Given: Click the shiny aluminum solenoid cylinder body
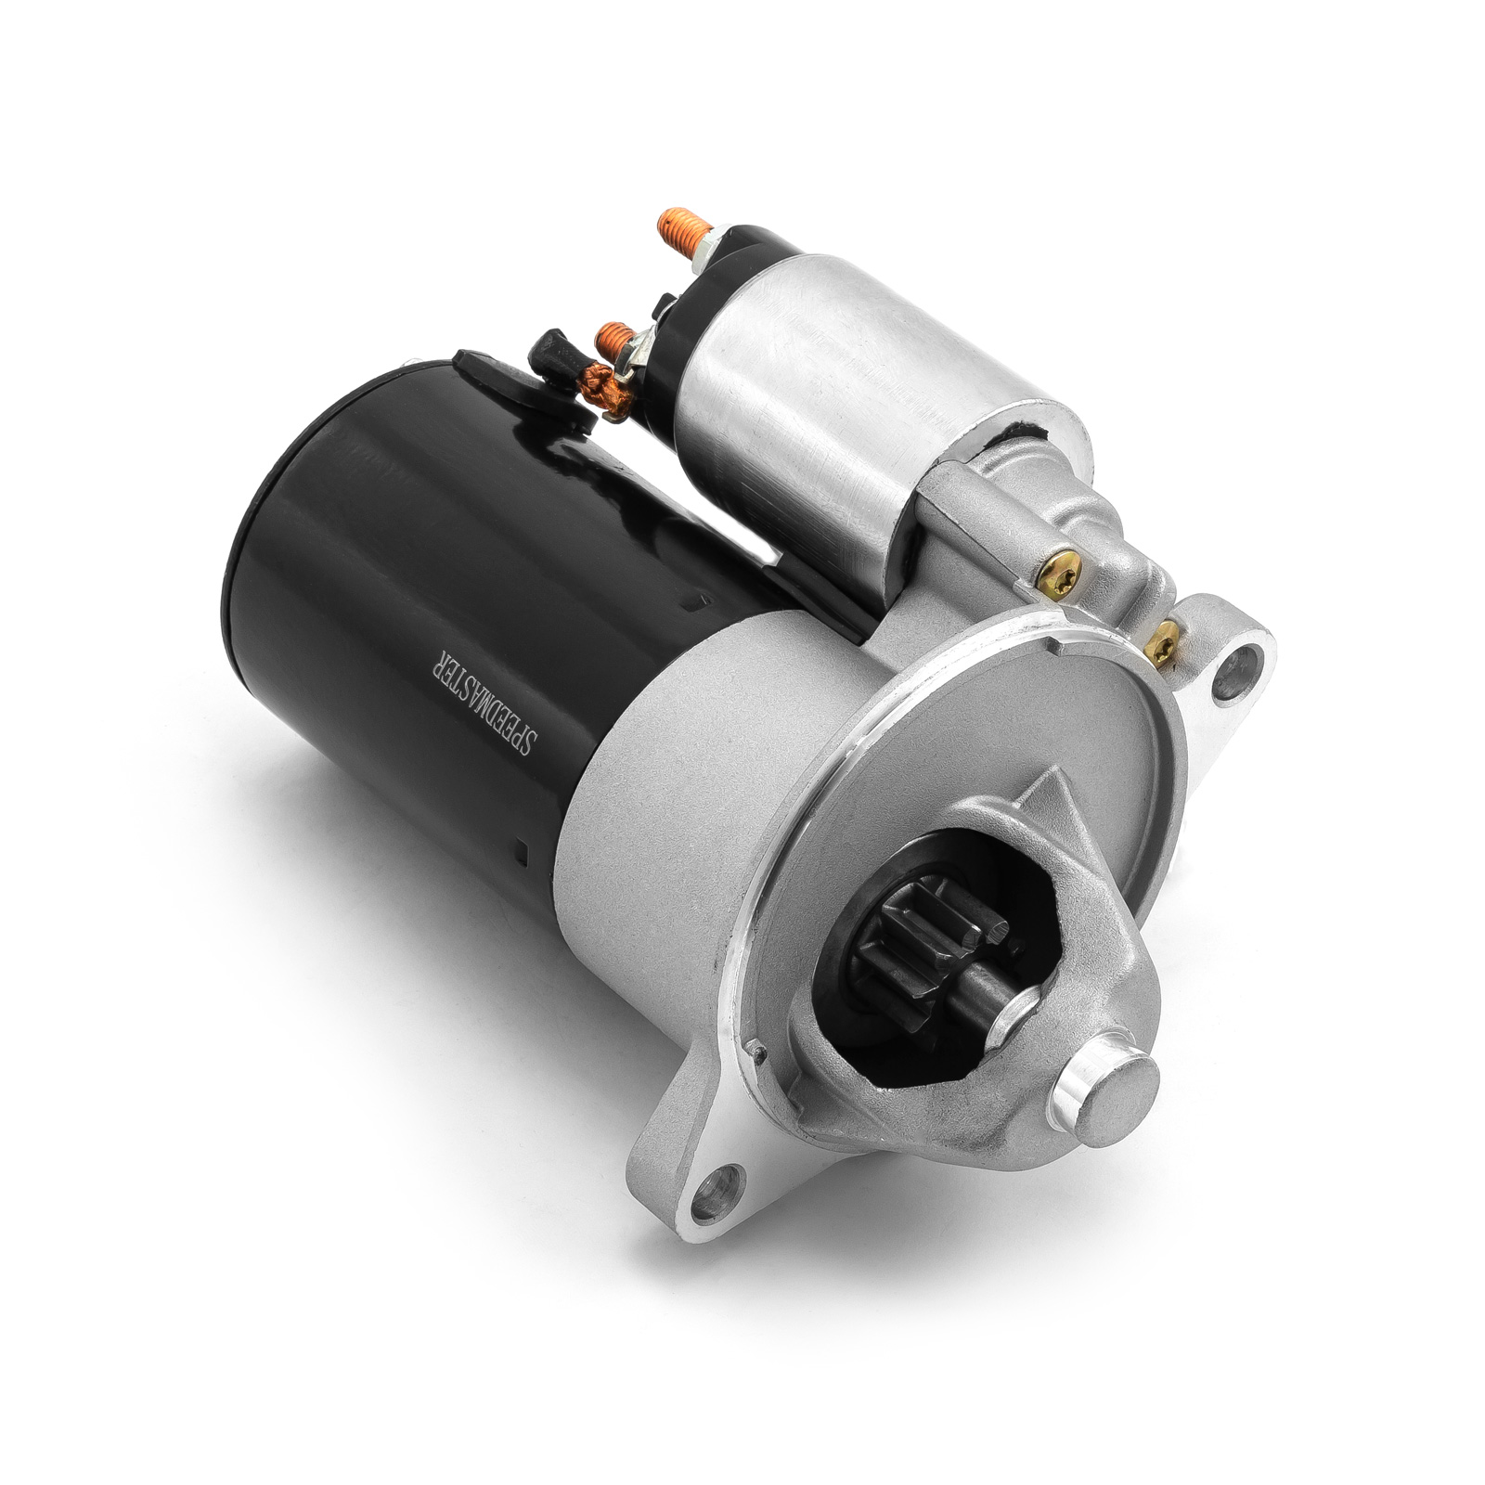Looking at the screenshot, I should click(x=863, y=399).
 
